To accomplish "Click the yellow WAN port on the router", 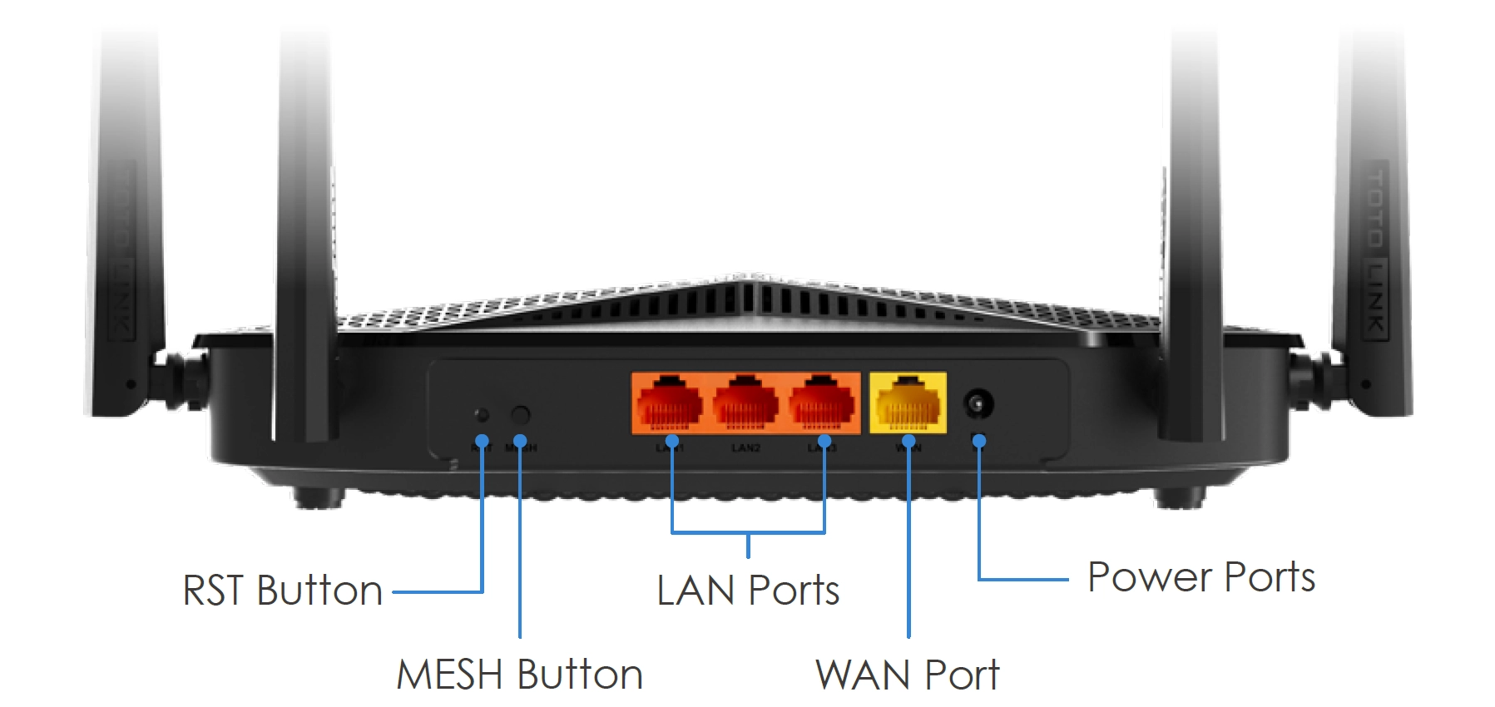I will [x=908, y=403].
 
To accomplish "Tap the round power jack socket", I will [x=978, y=405].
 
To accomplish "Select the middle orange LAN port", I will [x=745, y=403].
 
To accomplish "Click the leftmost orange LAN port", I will [x=670, y=403].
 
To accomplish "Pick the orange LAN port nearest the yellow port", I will [x=821, y=403].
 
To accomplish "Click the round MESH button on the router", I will [x=520, y=414].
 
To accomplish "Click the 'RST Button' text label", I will [x=282, y=591].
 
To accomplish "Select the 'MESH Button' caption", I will [x=519, y=674].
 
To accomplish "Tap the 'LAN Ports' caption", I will [x=747, y=591].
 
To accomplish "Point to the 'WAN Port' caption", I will [x=907, y=674].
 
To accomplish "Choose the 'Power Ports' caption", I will [x=1200, y=577].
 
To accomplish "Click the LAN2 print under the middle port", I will [x=745, y=447].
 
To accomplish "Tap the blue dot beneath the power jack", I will [x=979, y=441].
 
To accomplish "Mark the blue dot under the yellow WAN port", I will [x=908, y=440].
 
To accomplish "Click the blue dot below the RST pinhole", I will [x=482, y=440].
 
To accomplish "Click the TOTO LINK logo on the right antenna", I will [x=1377, y=250].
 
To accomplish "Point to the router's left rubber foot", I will [x=318, y=497].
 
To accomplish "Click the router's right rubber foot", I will [x=1179, y=497].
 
